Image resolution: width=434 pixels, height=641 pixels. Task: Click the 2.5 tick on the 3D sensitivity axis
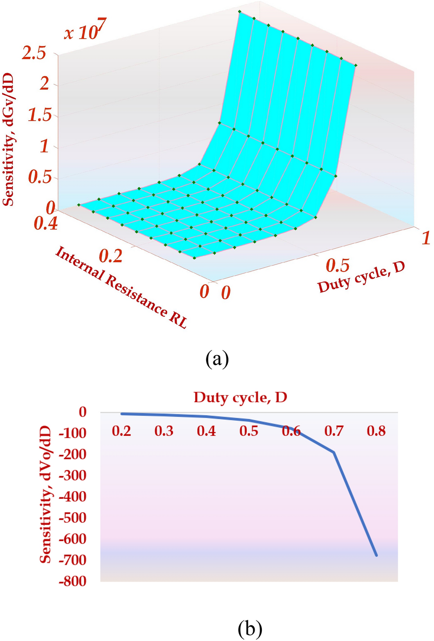34,53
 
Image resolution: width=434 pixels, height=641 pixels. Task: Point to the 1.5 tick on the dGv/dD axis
39,115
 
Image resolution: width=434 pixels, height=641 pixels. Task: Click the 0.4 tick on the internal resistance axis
46,223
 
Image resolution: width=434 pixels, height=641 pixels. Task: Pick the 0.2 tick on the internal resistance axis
110,256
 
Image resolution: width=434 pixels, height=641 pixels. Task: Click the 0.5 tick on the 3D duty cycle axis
337,265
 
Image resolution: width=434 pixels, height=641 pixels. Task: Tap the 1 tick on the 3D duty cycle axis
425,238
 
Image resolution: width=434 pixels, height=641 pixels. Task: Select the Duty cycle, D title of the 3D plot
361,278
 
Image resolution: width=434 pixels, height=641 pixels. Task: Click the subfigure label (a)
217,359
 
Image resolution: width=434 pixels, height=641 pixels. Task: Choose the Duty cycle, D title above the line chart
240,397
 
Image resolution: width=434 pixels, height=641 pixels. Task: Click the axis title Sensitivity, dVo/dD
45,495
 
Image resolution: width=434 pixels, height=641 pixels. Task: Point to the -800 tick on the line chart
72,581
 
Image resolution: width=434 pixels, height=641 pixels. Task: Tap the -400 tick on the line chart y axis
72,496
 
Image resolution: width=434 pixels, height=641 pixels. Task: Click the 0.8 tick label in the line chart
376,431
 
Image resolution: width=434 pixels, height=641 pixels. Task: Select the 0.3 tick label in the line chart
164,431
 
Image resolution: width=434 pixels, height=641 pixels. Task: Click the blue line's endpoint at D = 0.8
376,555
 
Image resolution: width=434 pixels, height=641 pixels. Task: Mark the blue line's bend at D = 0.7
334,452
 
